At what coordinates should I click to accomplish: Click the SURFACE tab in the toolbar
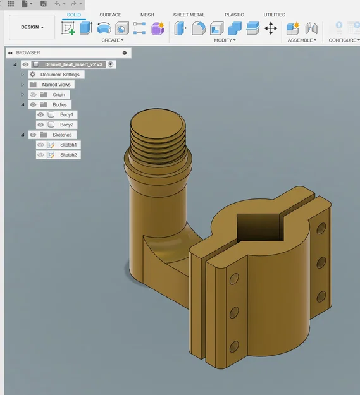pyautogui.click(x=110, y=15)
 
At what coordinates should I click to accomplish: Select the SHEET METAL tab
pyautogui.click(x=189, y=15)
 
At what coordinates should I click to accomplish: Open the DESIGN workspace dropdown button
pyautogui.click(x=32, y=27)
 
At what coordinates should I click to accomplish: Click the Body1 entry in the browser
pyautogui.click(x=66, y=115)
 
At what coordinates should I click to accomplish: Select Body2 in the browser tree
pyautogui.click(x=66, y=125)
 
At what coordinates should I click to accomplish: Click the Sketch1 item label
pyautogui.click(x=68, y=145)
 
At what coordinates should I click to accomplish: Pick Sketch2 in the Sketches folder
pyautogui.click(x=68, y=155)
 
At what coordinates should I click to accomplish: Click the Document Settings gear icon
pyautogui.click(x=32, y=75)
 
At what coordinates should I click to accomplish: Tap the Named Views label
pyautogui.click(x=56, y=85)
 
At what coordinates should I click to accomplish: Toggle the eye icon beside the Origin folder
pyautogui.click(x=33, y=95)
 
